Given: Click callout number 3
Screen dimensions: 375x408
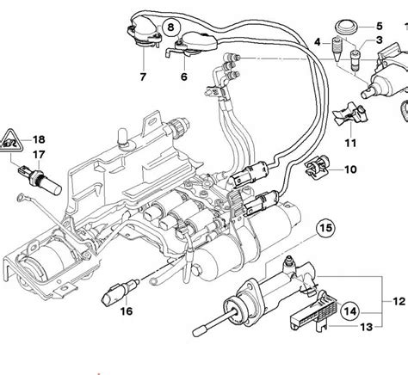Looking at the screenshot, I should click(x=380, y=41).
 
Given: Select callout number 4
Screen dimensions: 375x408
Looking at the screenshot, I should click(x=317, y=41).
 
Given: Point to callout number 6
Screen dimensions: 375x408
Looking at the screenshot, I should click(x=183, y=76).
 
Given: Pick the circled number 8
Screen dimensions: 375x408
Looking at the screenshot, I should click(x=171, y=28).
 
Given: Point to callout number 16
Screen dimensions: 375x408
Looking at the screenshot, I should click(x=127, y=310).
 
